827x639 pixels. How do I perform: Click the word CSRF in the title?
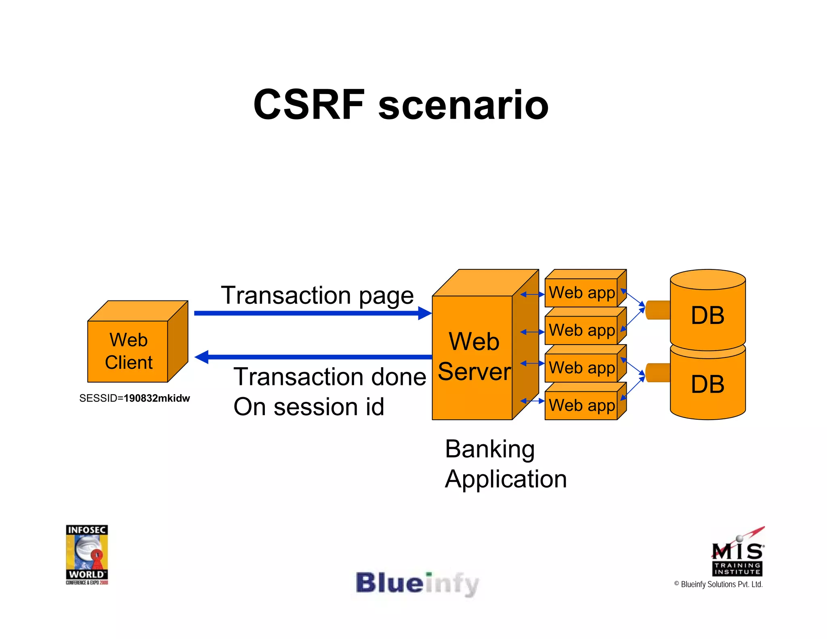point(309,105)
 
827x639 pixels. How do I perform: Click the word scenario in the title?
point(463,106)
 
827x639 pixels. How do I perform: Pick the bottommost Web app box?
point(581,405)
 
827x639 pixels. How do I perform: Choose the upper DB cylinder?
point(707,315)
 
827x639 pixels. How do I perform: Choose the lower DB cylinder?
point(707,384)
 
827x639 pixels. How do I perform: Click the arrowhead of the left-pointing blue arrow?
point(202,357)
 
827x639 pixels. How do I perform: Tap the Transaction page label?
point(317,295)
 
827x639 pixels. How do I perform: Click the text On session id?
point(309,407)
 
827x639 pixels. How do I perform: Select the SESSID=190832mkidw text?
point(134,398)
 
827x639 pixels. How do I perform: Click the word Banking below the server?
point(490,449)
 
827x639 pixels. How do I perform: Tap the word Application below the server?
point(506,479)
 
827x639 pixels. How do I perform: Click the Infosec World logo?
point(87,554)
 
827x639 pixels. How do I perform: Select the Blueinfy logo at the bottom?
point(417,584)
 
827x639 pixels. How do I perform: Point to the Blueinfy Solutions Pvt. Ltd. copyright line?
point(718,584)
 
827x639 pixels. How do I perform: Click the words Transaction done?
point(330,377)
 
